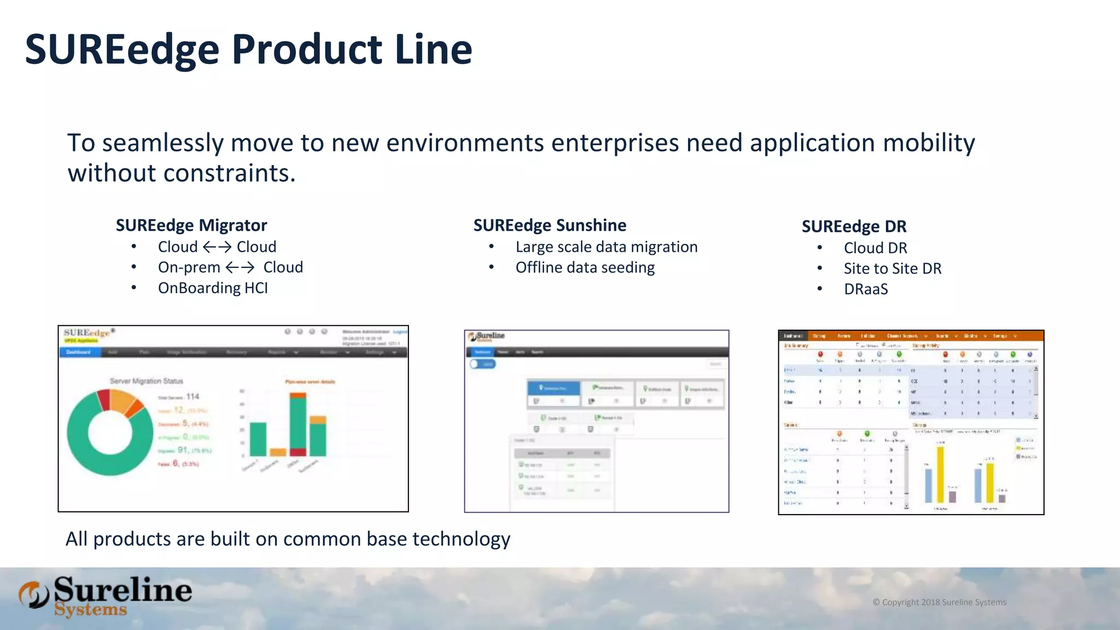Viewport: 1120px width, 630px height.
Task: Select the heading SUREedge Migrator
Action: [191, 225]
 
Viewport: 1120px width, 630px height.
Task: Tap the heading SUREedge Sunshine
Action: [550, 225]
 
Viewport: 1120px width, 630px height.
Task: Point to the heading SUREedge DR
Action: [854, 226]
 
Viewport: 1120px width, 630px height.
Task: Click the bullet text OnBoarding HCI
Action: [213, 288]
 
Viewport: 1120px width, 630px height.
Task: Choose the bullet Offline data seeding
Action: [585, 267]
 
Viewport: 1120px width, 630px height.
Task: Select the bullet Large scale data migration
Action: [606, 247]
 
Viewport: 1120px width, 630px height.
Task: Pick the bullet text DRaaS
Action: [866, 289]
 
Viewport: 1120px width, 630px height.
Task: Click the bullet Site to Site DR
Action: [892, 269]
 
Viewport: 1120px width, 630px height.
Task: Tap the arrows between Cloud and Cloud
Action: [217, 247]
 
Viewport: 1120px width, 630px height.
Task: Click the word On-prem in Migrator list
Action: [189, 267]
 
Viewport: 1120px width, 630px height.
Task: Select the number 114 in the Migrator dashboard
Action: [192, 396]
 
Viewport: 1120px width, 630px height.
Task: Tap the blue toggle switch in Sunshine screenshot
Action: [483, 364]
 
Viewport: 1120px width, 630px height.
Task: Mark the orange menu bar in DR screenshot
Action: [911, 336]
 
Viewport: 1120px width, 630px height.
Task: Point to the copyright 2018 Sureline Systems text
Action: [939, 602]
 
